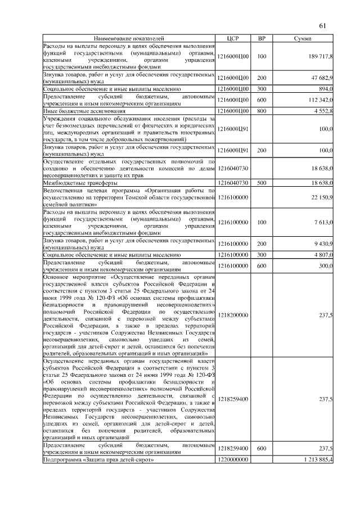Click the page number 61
click(x=322, y=25)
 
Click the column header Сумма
click(x=303, y=38)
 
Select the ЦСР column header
click(x=232, y=38)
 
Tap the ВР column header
click(x=261, y=38)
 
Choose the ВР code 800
click(x=261, y=111)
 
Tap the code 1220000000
click(x=232, y=460)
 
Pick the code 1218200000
click(x=232, y=315)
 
